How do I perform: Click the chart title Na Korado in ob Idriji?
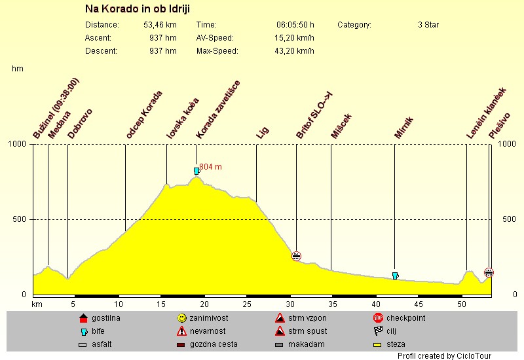tap(141, 9)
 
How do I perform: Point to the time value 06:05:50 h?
tap(295, 25)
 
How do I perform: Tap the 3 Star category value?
tap(428, 25)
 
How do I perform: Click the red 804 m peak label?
tap(210, 167)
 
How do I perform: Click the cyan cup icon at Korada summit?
tap(196, 171)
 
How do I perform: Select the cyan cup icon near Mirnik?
tap(395, 276)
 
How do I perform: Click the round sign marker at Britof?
tap(296, 256)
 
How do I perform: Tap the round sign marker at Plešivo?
tap(489, 272)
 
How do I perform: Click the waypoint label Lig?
tap(262, 133)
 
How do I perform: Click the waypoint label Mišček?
tap(342, 126)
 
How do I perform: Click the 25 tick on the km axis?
tap(247, 304)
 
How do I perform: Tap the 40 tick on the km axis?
tap(376, 304)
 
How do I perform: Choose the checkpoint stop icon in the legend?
tap(378, 318)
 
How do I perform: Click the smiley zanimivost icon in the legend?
tap(181, 318)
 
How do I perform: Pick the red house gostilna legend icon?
tap(83, 318)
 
